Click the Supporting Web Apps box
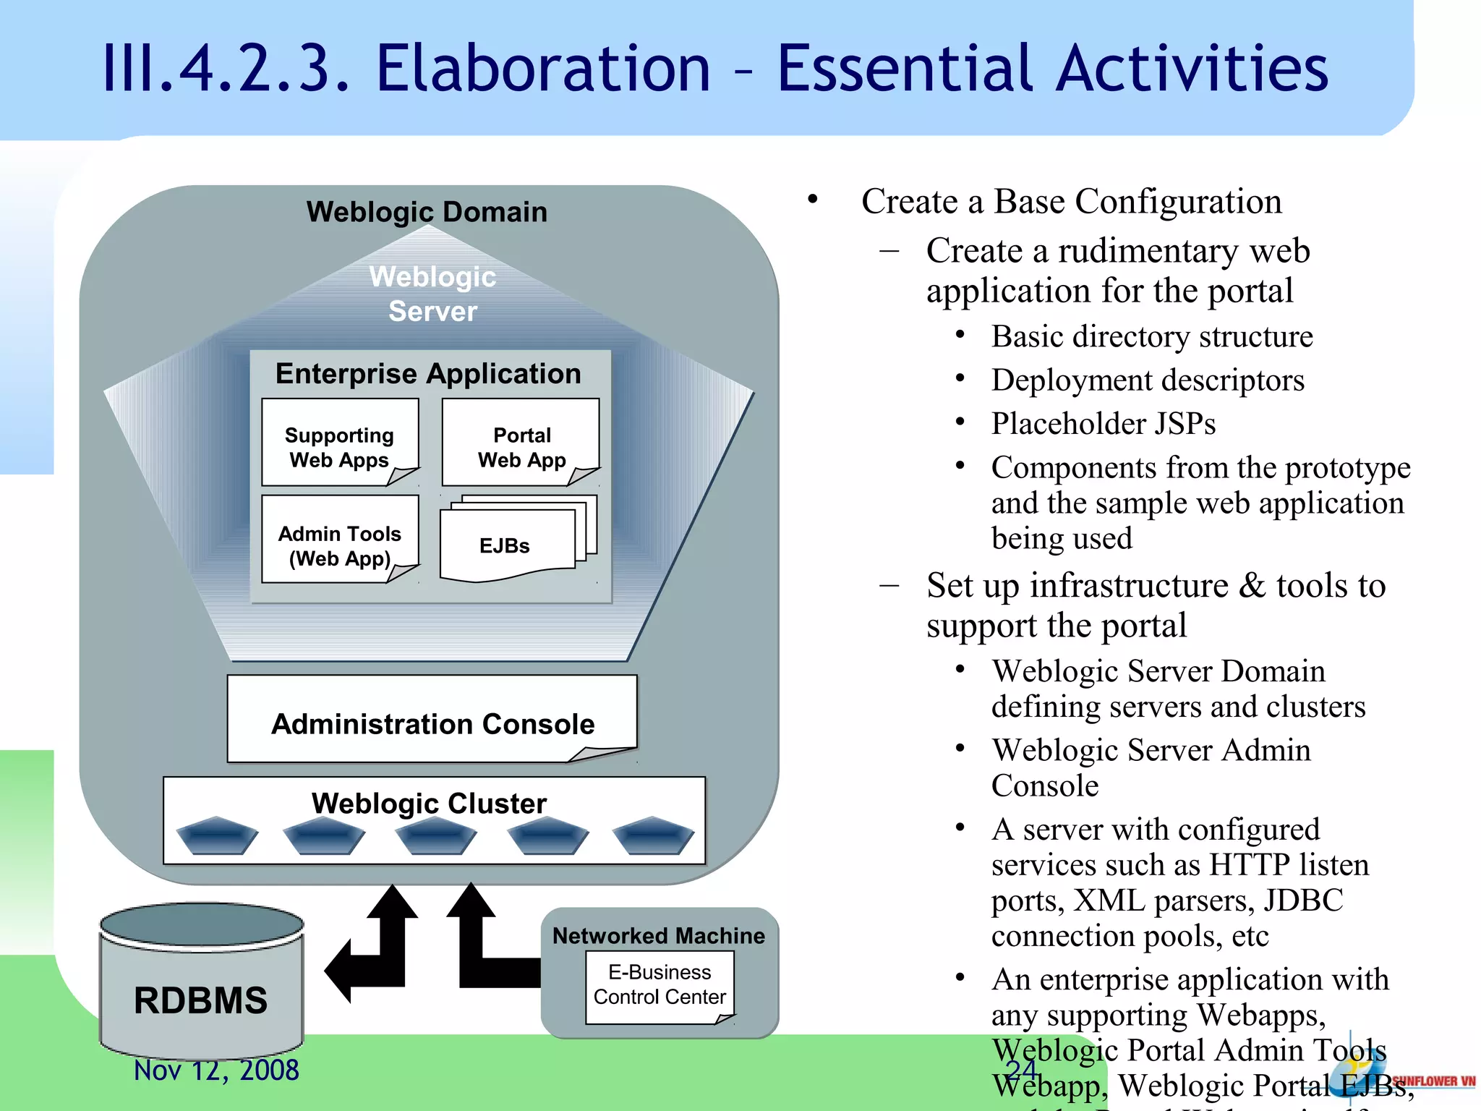[340, 443]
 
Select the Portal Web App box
[521, 443]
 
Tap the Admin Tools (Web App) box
[340, 540]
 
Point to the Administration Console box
[432, 720]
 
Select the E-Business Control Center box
[660, 985]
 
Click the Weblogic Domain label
[427, 212]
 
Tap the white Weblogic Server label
[432, 294]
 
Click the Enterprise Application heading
[428, 374]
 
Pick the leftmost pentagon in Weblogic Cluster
[217, 836]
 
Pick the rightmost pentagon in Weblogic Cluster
[653, 836]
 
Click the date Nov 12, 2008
[216, 1070]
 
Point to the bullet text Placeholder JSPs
[1103, 424]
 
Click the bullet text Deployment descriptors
[1148, 380]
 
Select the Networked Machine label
[658, 936]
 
